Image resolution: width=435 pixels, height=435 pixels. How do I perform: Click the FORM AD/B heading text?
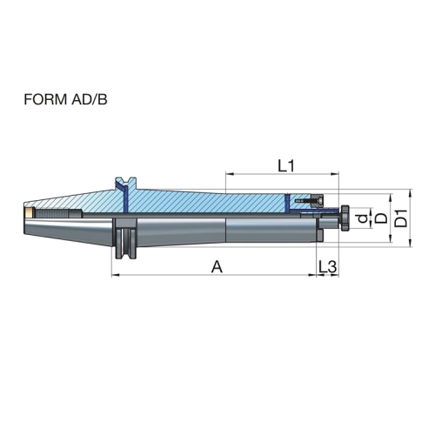point(65,99)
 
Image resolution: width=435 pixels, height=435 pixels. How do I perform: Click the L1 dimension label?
point(286,166)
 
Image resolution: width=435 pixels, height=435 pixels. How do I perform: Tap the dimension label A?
point(217,267)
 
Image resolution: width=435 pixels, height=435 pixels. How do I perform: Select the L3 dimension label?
point(328,267)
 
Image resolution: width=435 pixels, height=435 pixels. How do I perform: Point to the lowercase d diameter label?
point(363,218)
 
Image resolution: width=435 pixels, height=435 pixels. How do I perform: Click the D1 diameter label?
point(402,218)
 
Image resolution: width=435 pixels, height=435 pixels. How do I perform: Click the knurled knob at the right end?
point(345,218)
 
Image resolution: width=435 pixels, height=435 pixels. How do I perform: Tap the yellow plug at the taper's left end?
point(29,212)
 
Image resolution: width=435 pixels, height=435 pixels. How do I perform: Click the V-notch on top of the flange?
point(125,180)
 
